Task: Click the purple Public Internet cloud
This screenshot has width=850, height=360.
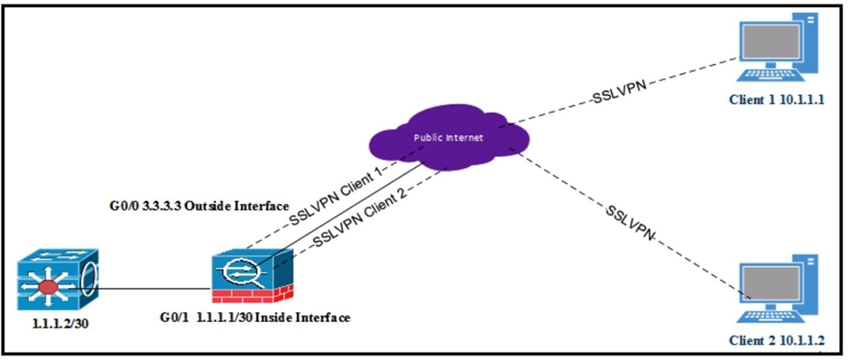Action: (448, 138)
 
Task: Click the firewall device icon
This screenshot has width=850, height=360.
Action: (254, 275)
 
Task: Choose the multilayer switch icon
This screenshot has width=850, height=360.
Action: (58, 279)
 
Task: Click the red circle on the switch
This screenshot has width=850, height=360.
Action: (48, 287)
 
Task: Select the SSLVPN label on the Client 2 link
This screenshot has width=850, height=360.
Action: (633, 221)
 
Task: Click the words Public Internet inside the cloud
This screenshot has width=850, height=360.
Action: (448, 137)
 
